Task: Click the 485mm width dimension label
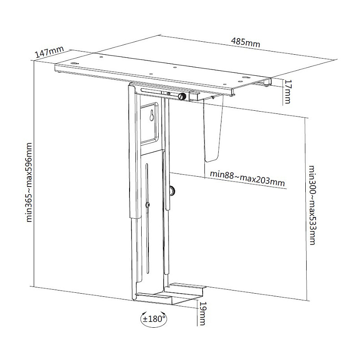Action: [x=245, y=43]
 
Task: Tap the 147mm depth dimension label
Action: [x=49, y=52]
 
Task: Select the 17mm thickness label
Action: [x=287, y=91]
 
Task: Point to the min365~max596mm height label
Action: [x=29, y=182]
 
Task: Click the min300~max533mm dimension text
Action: [x=312, y=205]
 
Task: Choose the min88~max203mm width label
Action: [x=247, y=178]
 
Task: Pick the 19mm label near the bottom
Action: [x=203, y=313]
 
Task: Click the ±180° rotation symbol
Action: [x=154, y=319]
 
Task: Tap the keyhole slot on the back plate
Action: [x=152, y=116]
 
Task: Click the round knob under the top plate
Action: [x=182, y=96]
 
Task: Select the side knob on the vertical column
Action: [x=173, y=191]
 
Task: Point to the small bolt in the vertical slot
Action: [x=148, y=205]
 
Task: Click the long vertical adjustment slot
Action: [x=147, y=219]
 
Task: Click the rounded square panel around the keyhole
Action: [x=149, y=124]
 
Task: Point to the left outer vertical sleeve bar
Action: [x=134, y=151]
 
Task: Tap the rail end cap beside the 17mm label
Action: [x=267, y=82]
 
